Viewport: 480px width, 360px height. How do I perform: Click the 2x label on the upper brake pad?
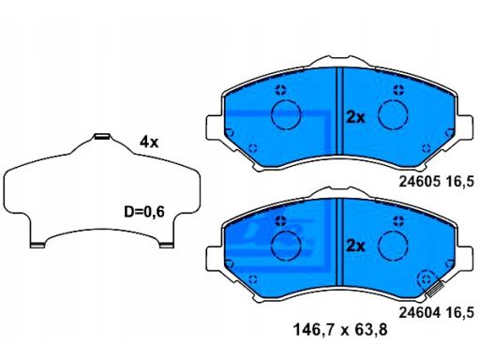tap(354, 117)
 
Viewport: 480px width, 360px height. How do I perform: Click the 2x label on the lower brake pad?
tap(354, 246)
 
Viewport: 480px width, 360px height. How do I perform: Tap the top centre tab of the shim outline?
tap(103, 139)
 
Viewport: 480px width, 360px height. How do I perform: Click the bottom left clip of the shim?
tap(38, 246)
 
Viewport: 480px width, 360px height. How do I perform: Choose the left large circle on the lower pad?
tap(284, 245)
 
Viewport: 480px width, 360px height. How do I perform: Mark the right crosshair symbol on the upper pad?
tap(398, 90)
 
